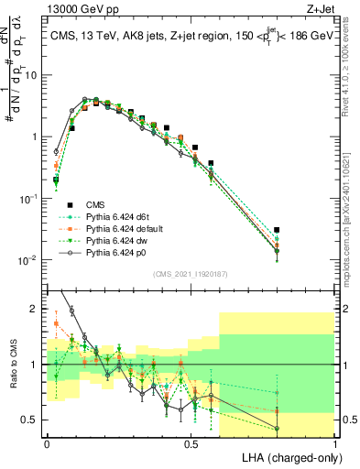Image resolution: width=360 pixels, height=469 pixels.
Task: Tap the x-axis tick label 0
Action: click(x=46, y=442)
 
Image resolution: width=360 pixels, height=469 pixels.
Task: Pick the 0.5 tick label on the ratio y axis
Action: click(x=32, y=420)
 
